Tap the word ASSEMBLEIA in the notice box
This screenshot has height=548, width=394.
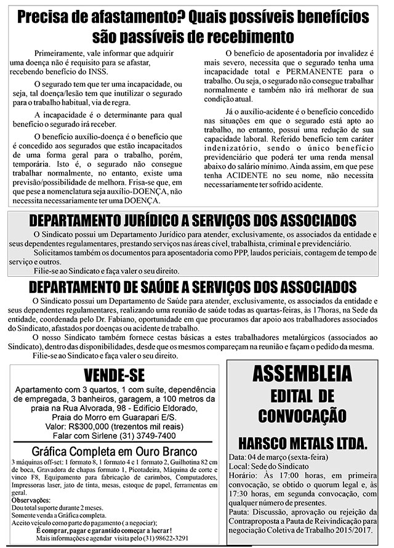click(x=302, y=374)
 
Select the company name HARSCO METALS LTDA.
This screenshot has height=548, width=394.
click(x=302, y=443)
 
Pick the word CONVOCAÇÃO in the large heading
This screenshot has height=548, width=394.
click(x=302, y=415)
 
